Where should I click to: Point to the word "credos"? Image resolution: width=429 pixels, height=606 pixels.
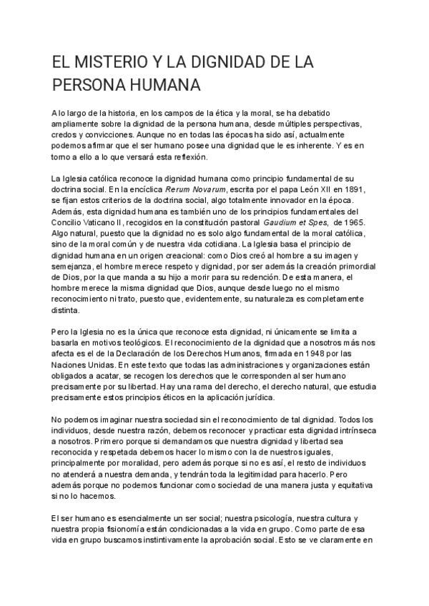(66, 134)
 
